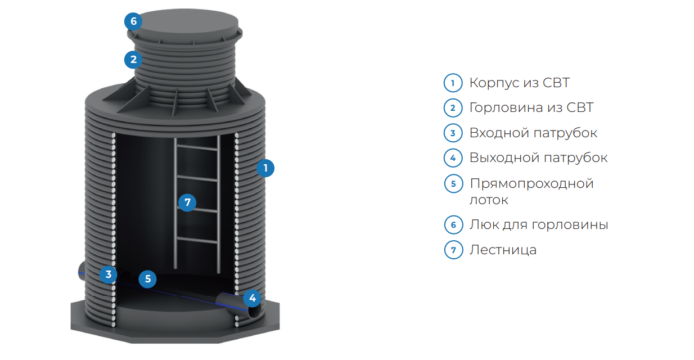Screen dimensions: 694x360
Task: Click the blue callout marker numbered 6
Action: click(133, 21)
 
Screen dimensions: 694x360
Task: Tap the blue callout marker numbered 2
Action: click(133, 60)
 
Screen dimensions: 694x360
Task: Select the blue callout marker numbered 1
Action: click(265, 168)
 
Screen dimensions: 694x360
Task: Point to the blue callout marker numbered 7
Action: click(187, 202)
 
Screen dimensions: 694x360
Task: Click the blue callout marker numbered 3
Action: click(109, 274)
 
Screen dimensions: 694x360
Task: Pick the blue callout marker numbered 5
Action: click(147, 279)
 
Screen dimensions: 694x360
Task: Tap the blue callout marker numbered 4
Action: click(252, 298)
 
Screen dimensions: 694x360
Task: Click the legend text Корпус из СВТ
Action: click(520, 83)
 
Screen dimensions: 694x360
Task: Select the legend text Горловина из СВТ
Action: click(531, 107)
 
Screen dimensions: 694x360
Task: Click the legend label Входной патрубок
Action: click(533, 133)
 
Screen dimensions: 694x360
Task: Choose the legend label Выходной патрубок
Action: click(538, 157)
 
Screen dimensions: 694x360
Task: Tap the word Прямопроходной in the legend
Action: click(531, 183)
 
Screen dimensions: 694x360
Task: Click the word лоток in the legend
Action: click(489, 200)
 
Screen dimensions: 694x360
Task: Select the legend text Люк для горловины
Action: click(539, 224)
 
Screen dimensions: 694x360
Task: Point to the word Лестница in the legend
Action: click(503, 250)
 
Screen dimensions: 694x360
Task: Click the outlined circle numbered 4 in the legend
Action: click(453, 158)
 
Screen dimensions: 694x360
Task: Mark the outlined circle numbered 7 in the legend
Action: click(453, 250)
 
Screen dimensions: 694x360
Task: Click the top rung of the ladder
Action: click(197, 148)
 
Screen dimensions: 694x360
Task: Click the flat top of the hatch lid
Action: click(186, 22)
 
